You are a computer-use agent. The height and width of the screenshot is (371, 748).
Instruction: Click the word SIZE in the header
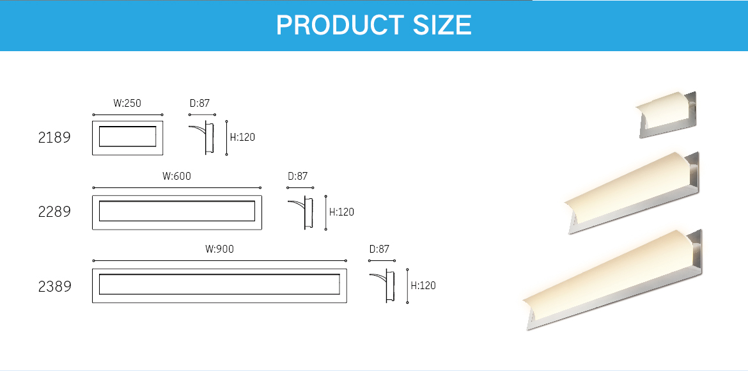(x=442, y=26)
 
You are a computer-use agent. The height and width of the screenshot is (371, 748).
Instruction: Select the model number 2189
(x=54, y=138)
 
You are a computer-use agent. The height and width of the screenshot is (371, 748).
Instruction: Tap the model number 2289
(x=54, y=211)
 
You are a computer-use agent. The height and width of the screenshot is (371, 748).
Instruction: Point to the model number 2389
(x=54, y=287)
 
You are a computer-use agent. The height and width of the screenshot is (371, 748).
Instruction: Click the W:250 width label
(x=127, y=103)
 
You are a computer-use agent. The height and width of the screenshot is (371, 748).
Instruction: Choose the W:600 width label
(x=176, y=176)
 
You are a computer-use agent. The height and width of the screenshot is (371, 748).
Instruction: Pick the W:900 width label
(x=219, y=249)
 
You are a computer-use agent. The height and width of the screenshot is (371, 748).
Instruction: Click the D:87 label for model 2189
(x=199, y=103)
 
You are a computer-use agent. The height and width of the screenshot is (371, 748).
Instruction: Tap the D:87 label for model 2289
(x=298, y=176)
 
